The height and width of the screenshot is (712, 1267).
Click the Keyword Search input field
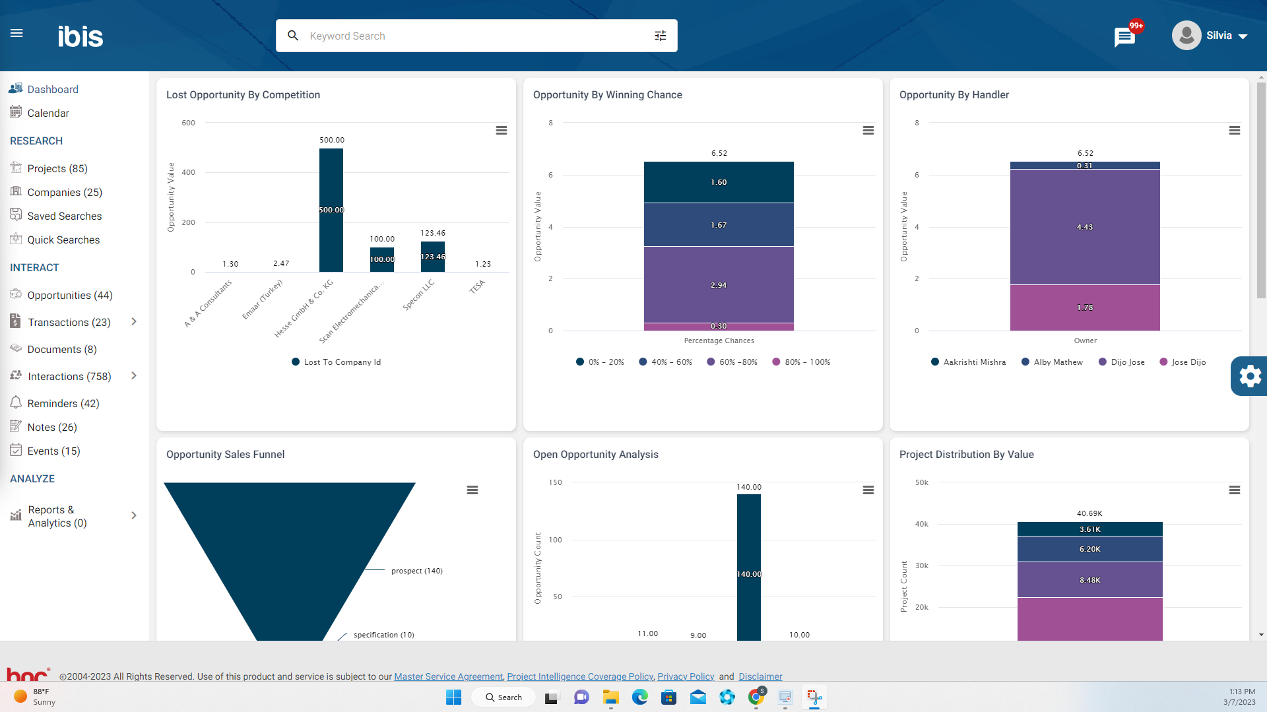475,36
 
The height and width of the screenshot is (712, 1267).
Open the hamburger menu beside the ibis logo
16,33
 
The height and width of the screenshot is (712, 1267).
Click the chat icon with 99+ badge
1124,37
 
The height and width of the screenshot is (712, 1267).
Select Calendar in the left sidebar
48,113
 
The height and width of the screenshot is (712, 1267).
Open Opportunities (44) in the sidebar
69,295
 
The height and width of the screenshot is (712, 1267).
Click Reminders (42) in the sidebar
63,403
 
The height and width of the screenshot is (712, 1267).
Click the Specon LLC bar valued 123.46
432,257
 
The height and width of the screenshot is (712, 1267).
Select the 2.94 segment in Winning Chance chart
719,284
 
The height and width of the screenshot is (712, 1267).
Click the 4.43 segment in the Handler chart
1084,227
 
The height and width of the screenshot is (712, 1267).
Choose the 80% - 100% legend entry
806,362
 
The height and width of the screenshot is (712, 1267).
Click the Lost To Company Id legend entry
341,362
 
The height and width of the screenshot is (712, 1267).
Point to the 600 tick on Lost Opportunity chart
188,123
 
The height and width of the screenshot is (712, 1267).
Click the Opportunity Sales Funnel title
225,454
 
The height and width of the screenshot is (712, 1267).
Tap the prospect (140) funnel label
416,571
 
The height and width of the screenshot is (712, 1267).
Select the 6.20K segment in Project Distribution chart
1089,549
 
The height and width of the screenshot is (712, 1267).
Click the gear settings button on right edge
1249,376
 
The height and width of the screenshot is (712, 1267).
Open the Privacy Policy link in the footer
685,676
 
